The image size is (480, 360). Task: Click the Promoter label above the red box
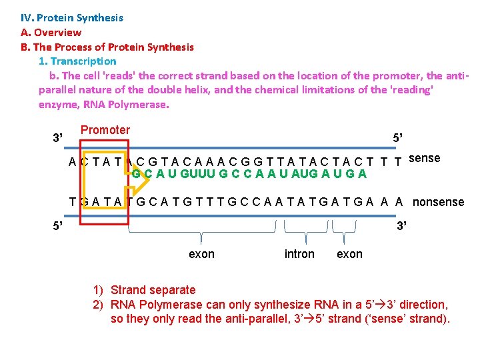coord(105,130)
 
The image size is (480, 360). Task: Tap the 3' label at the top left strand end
coord(58,139)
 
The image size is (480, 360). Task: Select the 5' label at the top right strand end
coord(397,138)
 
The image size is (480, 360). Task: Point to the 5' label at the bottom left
coord(58,225)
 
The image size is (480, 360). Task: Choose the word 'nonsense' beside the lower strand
coord(438,201)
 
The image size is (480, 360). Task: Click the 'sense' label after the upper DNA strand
coord(424,158)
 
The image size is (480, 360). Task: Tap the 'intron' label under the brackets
coord(299,254)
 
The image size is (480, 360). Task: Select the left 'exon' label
coord(202,254)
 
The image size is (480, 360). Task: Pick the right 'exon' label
coord(349,254)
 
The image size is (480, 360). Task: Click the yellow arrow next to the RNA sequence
coord(139,175)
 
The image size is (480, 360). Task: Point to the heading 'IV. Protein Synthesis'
coord(72,17)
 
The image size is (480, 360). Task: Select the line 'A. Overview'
coord(51,32)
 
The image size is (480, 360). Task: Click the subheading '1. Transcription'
coord(77,61)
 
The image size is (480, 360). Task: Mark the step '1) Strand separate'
coord(145,290)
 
